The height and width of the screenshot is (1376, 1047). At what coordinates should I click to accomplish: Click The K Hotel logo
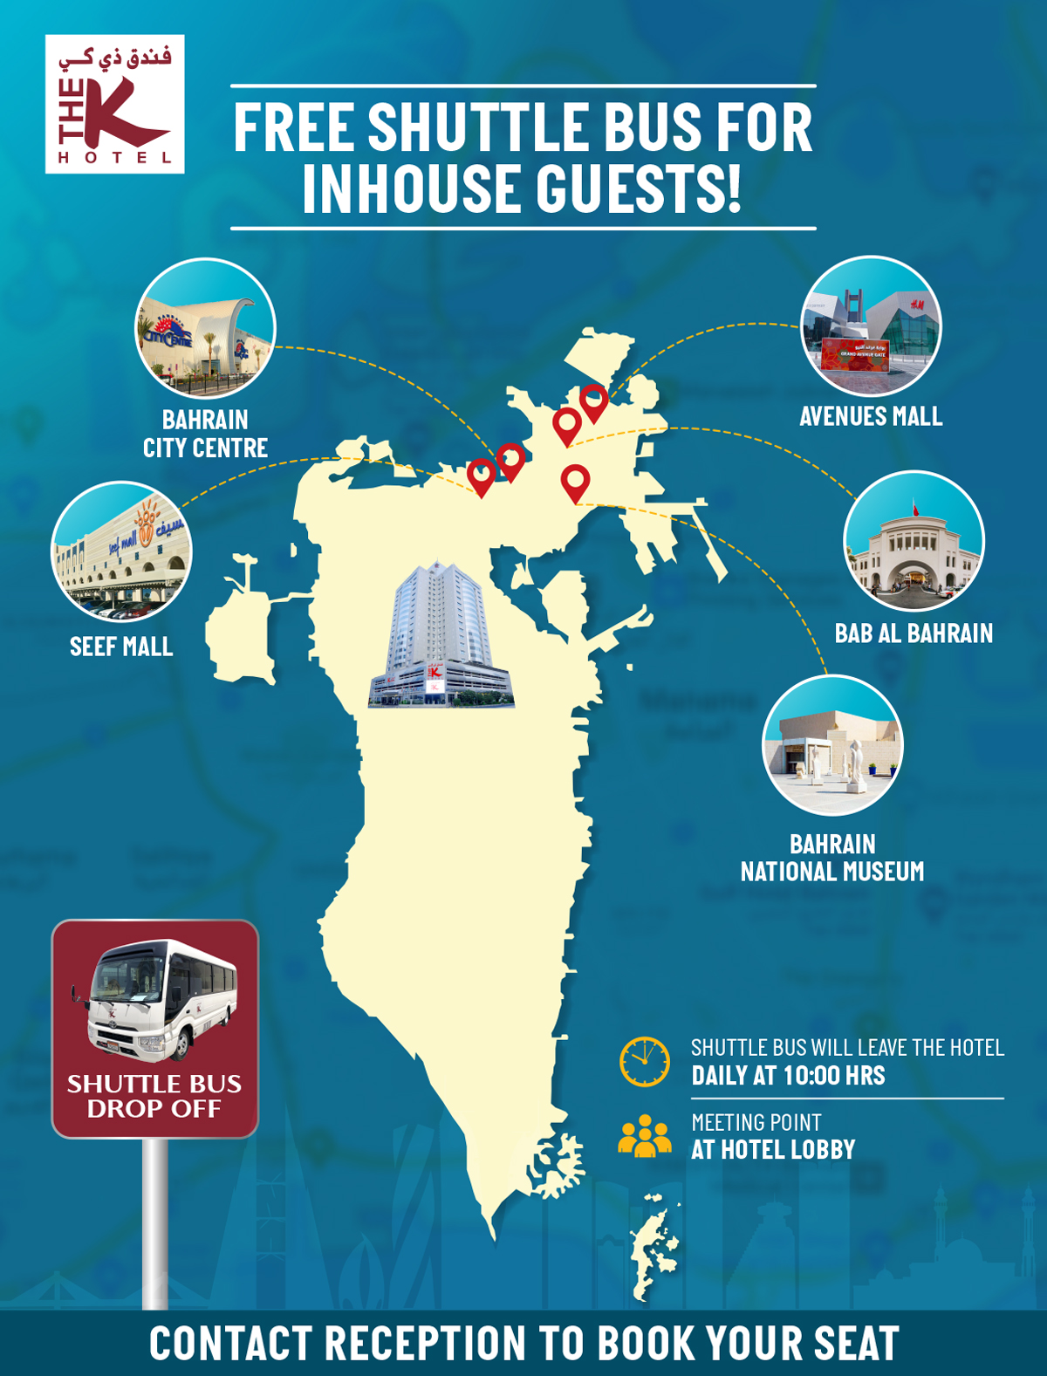114,104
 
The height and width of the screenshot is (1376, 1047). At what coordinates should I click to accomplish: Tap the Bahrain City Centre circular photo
206,328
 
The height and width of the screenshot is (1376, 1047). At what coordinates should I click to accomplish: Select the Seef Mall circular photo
121,551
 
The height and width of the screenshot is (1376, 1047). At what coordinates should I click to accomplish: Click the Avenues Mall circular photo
871,326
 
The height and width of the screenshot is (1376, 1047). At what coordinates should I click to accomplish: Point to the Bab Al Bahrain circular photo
914,541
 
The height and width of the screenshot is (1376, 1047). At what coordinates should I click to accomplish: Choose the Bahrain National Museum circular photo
832,745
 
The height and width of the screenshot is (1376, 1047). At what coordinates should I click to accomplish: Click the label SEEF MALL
121,647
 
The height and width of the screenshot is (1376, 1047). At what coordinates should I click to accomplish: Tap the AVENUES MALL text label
871,416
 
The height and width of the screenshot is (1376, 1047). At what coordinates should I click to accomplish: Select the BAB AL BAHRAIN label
914,633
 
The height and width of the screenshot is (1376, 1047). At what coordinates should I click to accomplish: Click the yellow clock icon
645,1062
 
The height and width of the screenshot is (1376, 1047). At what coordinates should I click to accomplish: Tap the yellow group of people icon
645,1136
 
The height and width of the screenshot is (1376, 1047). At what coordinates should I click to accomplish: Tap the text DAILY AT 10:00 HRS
788,1076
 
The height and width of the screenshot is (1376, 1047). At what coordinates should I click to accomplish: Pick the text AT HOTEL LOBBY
773,1150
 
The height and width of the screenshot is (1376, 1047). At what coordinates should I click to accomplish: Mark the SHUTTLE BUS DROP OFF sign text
154,1096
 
